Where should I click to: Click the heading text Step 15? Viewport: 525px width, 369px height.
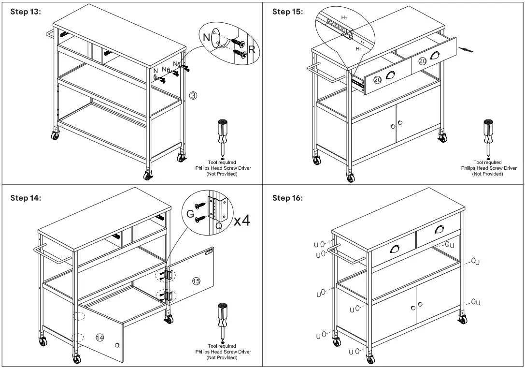pyautogui.click(x=287, y=12)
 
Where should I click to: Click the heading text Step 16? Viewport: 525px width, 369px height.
pyautogui.click(x=287, y=198)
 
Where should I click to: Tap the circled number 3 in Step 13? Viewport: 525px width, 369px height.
pyautogui.click(x=193, y=95)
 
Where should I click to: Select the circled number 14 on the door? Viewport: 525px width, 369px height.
pyautogui.click(x=99, y=338)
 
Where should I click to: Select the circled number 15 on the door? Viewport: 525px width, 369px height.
pyautogui.click(x=196, y=281)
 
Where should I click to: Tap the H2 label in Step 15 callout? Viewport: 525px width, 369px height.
pyautogui.click(x=344, y=17)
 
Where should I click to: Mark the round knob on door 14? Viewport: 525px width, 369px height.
pyautogui.click(x=117, y=345)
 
